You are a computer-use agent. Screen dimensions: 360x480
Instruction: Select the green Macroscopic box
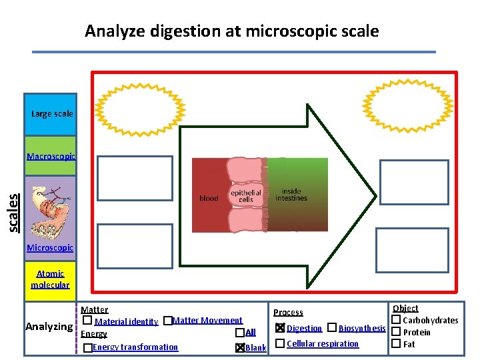click(x=51, y=157)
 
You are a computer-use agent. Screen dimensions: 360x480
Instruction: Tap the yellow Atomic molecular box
click(x=50, y=279)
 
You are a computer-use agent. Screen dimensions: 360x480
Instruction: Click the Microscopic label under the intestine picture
click(x=50, y=248)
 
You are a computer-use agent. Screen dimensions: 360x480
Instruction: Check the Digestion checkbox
click(x=280, y=328)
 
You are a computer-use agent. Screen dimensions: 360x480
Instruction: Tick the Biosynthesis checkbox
click(x=332, y=328)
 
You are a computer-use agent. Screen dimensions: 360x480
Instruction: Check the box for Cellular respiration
click(x=280, y=343)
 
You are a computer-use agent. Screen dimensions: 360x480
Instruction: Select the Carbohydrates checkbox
click(x=396, y=320)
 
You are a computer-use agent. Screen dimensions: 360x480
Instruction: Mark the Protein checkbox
click(x=396, y=332)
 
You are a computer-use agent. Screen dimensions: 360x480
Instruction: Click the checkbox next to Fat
click(x=396, y=344)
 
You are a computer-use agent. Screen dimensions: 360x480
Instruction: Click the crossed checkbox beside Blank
click(x=239, y=348)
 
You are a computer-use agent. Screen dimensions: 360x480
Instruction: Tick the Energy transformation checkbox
click(x=88, y=348)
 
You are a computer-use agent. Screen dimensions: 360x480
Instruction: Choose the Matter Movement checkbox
click(x=167, y=321)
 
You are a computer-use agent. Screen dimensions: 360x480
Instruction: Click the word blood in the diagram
click(x=209, y=198)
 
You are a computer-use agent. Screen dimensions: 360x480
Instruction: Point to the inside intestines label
click(x=291, y=195)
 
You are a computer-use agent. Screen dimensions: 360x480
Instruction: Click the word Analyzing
click(x=49, y=327)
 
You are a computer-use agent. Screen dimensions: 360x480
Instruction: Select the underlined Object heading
click(x=405, y=308)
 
